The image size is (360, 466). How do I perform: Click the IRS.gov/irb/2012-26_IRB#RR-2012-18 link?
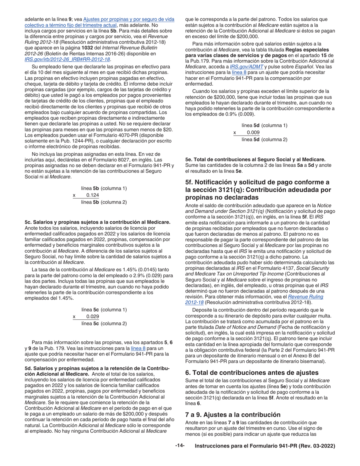click(67, 59)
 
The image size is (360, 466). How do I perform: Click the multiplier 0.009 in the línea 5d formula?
click(253, 132)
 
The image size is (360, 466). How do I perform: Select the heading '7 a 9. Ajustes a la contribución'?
click(233, 414)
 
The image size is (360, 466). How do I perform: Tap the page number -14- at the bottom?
click(180, 446)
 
